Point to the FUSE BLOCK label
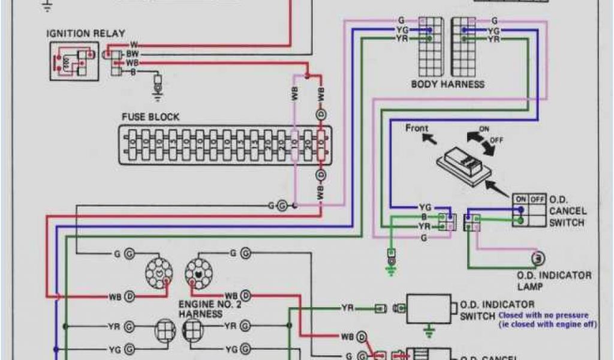[x=150, y=117]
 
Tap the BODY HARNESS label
[x=447, y=84]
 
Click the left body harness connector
[x=430, y=45]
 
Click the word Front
[x=417, y=128]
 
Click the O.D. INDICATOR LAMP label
[x=554, y=280]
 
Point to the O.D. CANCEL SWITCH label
[x=567, y=211]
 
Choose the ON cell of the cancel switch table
[x=520, y=199]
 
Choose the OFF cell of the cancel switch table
[x=537, y=199]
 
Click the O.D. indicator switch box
[x=429, y=308]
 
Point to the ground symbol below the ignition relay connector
[x=158, y=90]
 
